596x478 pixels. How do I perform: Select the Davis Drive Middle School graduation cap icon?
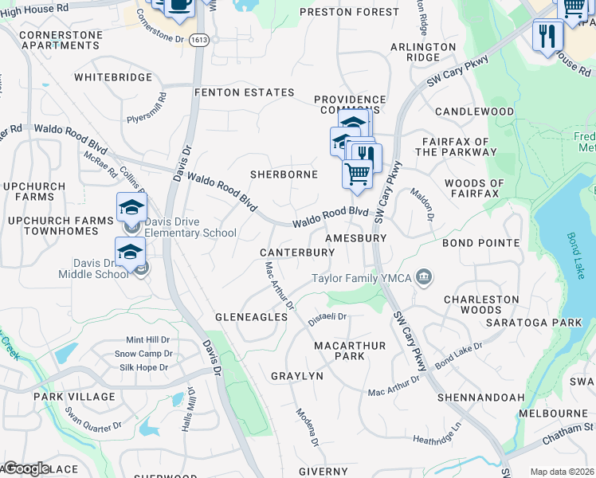pyautogui.click(x=130, y=252)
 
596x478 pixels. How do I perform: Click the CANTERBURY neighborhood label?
pyautogui.click(x=297, y=253)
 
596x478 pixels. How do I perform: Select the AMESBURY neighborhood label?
pyautogui.click(x=355, y=238)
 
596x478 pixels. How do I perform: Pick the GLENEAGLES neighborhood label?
pyautogui.click(x=251, y=317)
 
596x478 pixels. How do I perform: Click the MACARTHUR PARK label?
pyautogui.click(x=350, y=351)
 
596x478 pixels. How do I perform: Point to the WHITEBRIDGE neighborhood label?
pyautogui.click(x=112, y=78)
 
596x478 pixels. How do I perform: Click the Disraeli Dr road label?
pyautogui.click(x=329, y=316)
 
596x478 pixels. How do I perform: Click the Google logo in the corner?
pyautogui.click(x=25, y=468)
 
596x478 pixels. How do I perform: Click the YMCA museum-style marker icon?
pyautogui.click(x=425, y=276)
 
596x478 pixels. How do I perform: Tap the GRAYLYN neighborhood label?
pyautogui.click(x=296, y=376)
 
